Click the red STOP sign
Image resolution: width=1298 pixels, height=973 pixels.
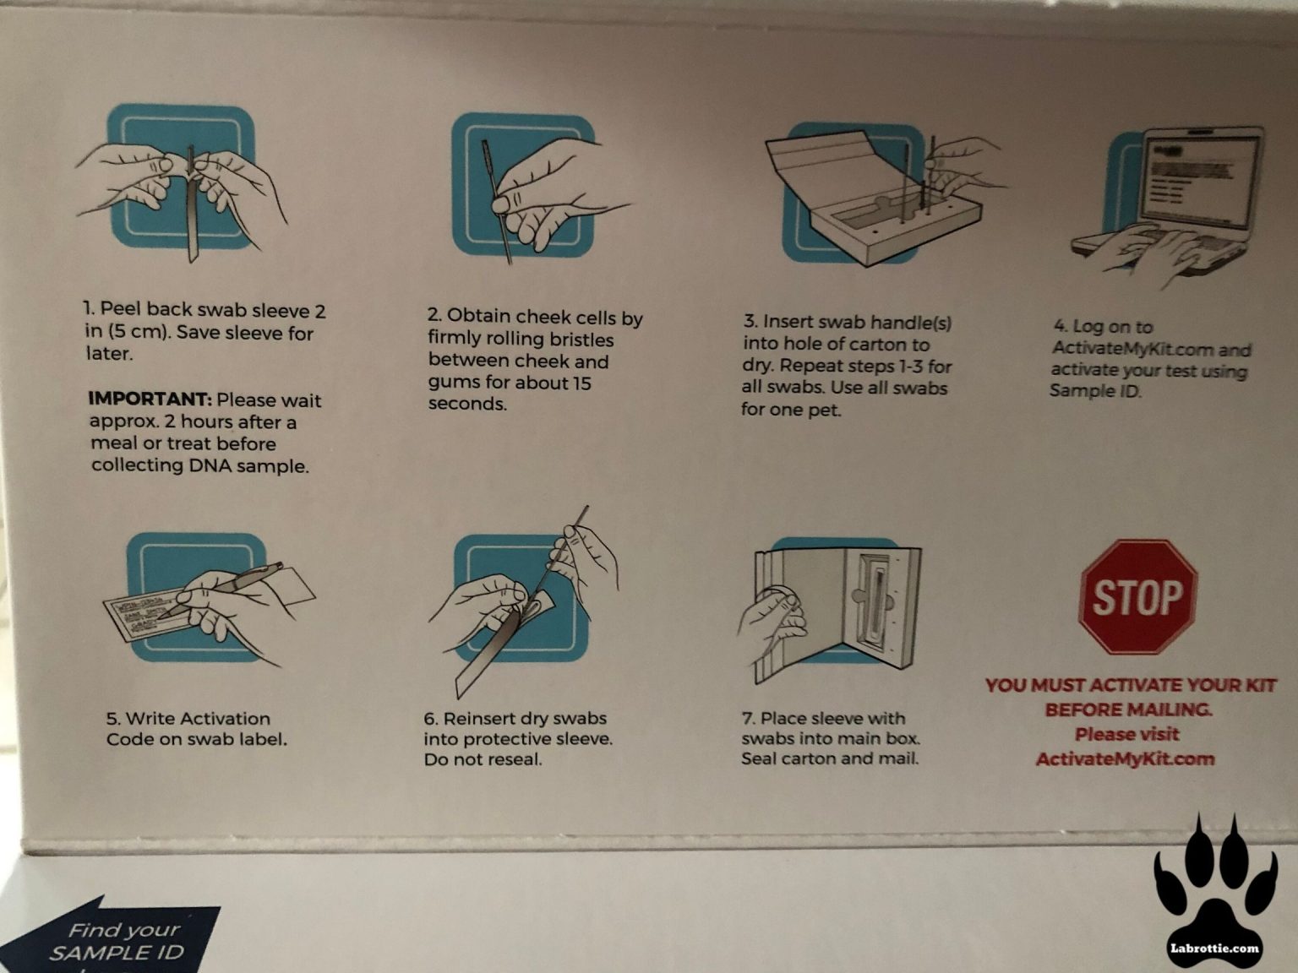pos(1138,596)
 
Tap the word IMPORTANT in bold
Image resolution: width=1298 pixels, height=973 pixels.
pos(150,399)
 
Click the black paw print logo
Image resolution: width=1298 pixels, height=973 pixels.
pos(1216,892)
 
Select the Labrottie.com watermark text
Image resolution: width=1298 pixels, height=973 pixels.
pos(1214,949)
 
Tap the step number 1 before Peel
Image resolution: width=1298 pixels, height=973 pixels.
pos(88,308)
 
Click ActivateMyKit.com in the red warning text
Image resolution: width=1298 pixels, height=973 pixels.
pos(1126,759)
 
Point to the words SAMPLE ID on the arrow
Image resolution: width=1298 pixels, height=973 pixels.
pos(117,953)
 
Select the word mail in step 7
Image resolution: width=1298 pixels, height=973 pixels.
pos(898,758)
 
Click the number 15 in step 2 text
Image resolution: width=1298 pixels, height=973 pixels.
pos(581,383)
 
